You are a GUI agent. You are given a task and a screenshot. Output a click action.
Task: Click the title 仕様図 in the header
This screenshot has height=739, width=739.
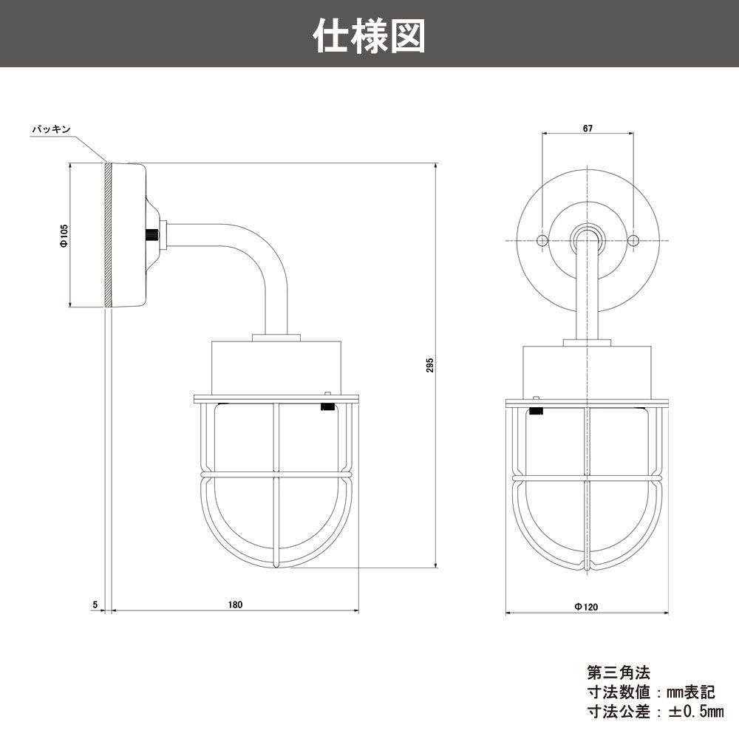click(x=369, y=35)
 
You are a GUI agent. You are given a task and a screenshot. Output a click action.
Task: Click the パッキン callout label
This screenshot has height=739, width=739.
click(x=51, y=129)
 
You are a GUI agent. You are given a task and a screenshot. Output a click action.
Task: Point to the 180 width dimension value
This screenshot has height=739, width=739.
click(x=235, y=605)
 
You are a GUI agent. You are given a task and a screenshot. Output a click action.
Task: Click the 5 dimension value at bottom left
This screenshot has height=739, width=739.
click(x=95, y=605)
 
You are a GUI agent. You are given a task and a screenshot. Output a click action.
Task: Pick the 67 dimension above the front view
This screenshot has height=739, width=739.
click(x=588, y=128)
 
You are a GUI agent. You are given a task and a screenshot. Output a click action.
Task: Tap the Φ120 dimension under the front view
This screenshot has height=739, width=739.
click(x=587, y=606)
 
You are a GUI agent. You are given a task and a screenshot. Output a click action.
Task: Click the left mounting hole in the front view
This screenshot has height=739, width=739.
click(x=542, y=241)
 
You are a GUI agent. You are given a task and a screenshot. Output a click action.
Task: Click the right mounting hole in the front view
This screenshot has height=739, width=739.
click(x=633, y=241)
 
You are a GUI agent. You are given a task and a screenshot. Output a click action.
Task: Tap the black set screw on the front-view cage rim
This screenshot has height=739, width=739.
click(x=537, y=409)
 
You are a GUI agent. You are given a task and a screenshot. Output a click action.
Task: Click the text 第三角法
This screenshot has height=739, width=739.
click(x=618, y=673)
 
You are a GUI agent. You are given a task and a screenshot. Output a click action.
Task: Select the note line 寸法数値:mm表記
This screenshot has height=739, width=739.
click(x=650, y=692)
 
